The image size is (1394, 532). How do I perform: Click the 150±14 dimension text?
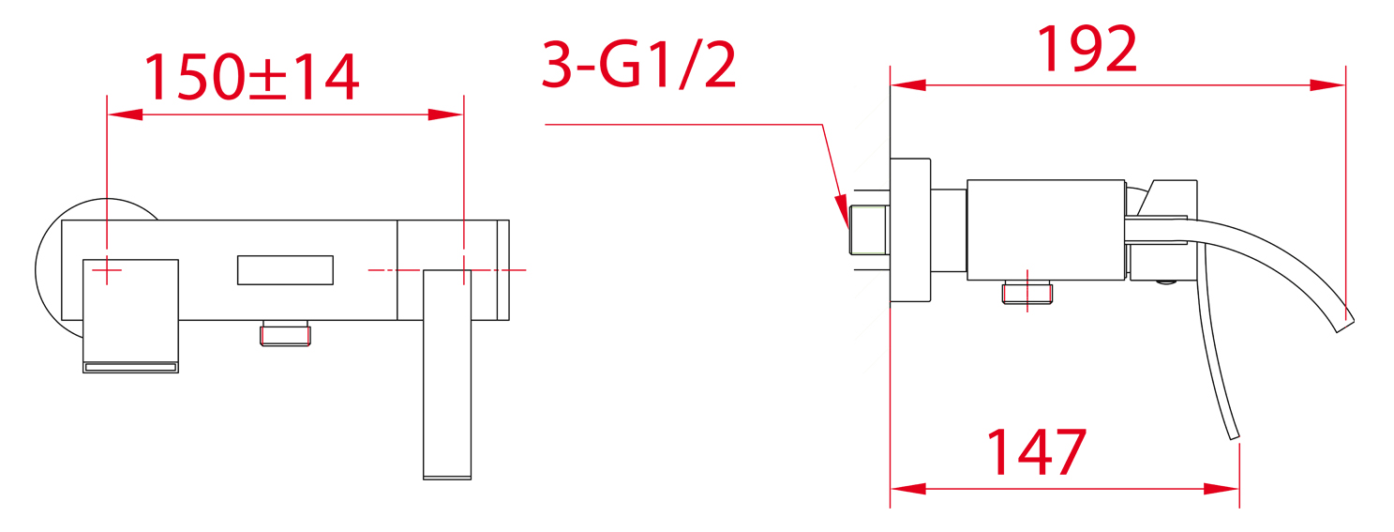coord(252,77)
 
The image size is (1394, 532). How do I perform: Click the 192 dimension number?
coord(1087,49)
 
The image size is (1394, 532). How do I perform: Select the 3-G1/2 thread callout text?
coord(639,65)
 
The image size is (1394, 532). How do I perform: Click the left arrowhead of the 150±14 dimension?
coord(125,114)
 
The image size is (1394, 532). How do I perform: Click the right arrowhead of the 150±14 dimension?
coord(445,114)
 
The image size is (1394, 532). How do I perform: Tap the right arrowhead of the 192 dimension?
coord(1327,85)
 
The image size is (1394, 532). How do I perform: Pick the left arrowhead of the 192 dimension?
coord(908,85)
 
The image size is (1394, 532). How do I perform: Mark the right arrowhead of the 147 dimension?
coord(1222,489)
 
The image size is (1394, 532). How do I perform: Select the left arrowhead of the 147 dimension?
coord(908,489)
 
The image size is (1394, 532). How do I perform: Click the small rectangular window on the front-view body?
coord(285,269)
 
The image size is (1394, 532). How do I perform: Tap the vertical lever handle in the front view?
coord(447,374)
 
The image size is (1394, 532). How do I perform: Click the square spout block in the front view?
coord(130,316)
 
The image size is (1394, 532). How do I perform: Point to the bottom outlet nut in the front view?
coord(285,333)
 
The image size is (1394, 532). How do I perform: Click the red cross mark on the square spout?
coord(107,269)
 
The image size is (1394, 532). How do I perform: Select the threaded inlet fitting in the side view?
coord(868,230)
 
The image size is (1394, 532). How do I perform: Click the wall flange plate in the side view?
coord(910,231)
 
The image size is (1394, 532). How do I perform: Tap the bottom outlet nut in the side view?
coord(1027,292)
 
